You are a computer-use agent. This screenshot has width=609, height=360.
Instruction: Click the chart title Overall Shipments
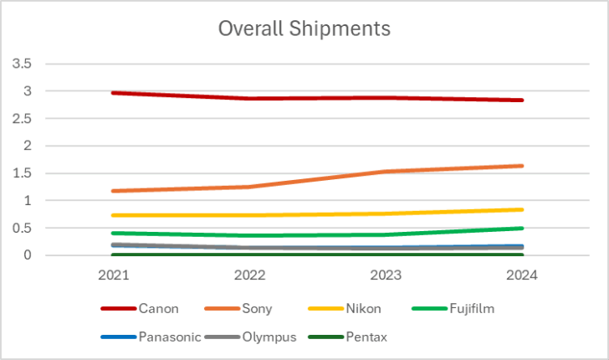(x=304, y=28)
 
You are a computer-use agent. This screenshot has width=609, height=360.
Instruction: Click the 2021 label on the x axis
(x=114, y=275)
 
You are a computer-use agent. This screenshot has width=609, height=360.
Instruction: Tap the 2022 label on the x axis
(x=250, y=275)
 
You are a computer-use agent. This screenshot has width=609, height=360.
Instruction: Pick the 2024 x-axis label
(x=522, y=275)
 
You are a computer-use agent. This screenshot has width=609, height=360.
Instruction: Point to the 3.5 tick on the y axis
(x=23, y=64)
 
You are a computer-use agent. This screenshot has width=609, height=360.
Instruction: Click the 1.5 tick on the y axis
(x=23, y=173)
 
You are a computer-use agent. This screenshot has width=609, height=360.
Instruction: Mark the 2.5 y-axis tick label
(x=23, y=119)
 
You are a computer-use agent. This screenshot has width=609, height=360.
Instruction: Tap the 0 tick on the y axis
(x=28, y=255)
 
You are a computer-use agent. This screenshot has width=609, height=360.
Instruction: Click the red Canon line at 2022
(x=250, y=99)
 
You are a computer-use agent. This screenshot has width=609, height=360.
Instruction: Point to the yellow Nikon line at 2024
(x=522, y=209)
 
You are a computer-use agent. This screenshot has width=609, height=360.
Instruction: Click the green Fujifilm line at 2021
(x=114, y=233)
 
